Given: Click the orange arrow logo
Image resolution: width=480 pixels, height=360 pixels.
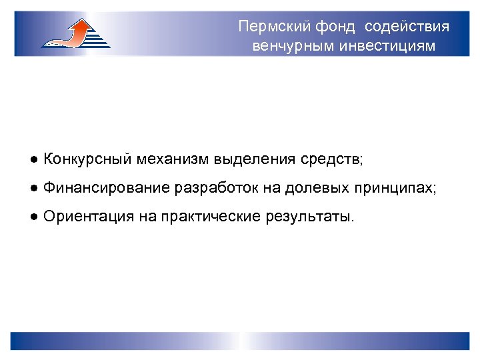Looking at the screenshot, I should click(75, 33).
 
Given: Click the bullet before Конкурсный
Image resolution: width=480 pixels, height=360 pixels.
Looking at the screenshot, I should click(33, 160).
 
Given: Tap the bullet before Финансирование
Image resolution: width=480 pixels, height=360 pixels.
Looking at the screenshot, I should click(33, 189).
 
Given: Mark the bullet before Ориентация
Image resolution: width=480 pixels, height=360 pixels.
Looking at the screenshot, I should click(33, 217).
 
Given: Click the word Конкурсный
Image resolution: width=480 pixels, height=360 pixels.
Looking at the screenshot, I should click(87, 159).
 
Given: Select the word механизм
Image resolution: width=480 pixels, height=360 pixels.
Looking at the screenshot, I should click(172, 159).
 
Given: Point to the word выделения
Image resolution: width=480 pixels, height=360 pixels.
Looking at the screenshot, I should click(255, 159).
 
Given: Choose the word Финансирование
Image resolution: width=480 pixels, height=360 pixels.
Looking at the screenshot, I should click(106, 188).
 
